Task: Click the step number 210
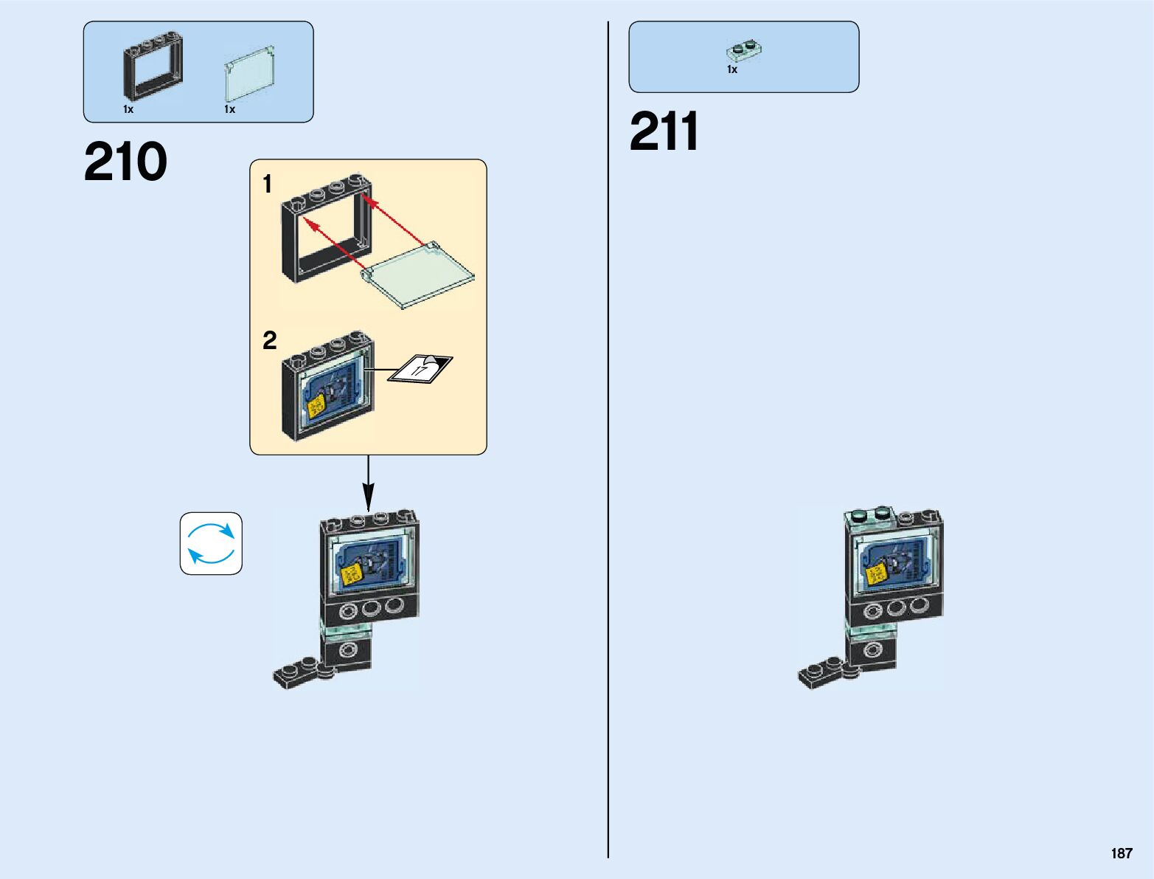pos(125,162)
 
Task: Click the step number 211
pos(664,133)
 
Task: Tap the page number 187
pos(1121,854)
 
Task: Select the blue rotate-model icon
pos(211,543)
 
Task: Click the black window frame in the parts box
pos(153,68)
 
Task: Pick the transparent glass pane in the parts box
pos(251,75)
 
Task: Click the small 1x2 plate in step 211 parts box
pos(743,50)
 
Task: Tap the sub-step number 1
pos(268,184)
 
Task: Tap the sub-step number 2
pos(270,340)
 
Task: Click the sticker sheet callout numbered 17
pos(420,368)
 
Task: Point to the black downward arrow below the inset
pos(368,483)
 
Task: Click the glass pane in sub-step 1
pos(418,275)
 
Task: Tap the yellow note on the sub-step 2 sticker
pos(316,406)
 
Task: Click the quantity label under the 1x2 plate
pos(732,69)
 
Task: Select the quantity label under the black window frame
pos(128,109)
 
